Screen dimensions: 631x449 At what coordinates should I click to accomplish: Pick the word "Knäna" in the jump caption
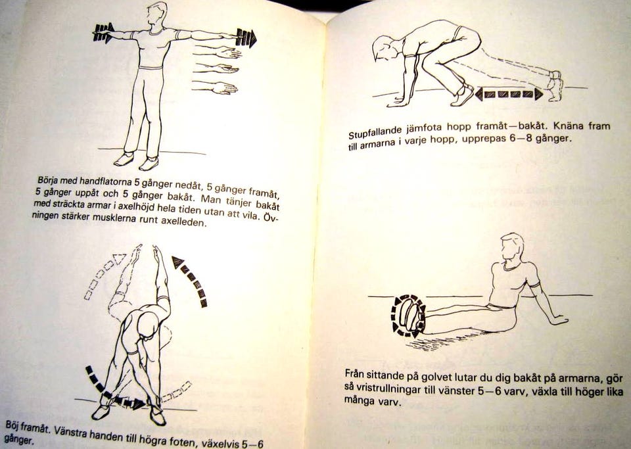[569, 126]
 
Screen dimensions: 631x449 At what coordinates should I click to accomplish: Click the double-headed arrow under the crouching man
[509, 95]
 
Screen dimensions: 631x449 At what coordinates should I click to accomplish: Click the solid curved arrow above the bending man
[191, 279]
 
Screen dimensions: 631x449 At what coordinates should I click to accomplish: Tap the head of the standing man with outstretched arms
[156, 14]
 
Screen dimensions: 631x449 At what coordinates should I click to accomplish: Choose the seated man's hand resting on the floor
[559, 321]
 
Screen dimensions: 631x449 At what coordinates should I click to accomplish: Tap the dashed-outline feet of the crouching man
[556, 85]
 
